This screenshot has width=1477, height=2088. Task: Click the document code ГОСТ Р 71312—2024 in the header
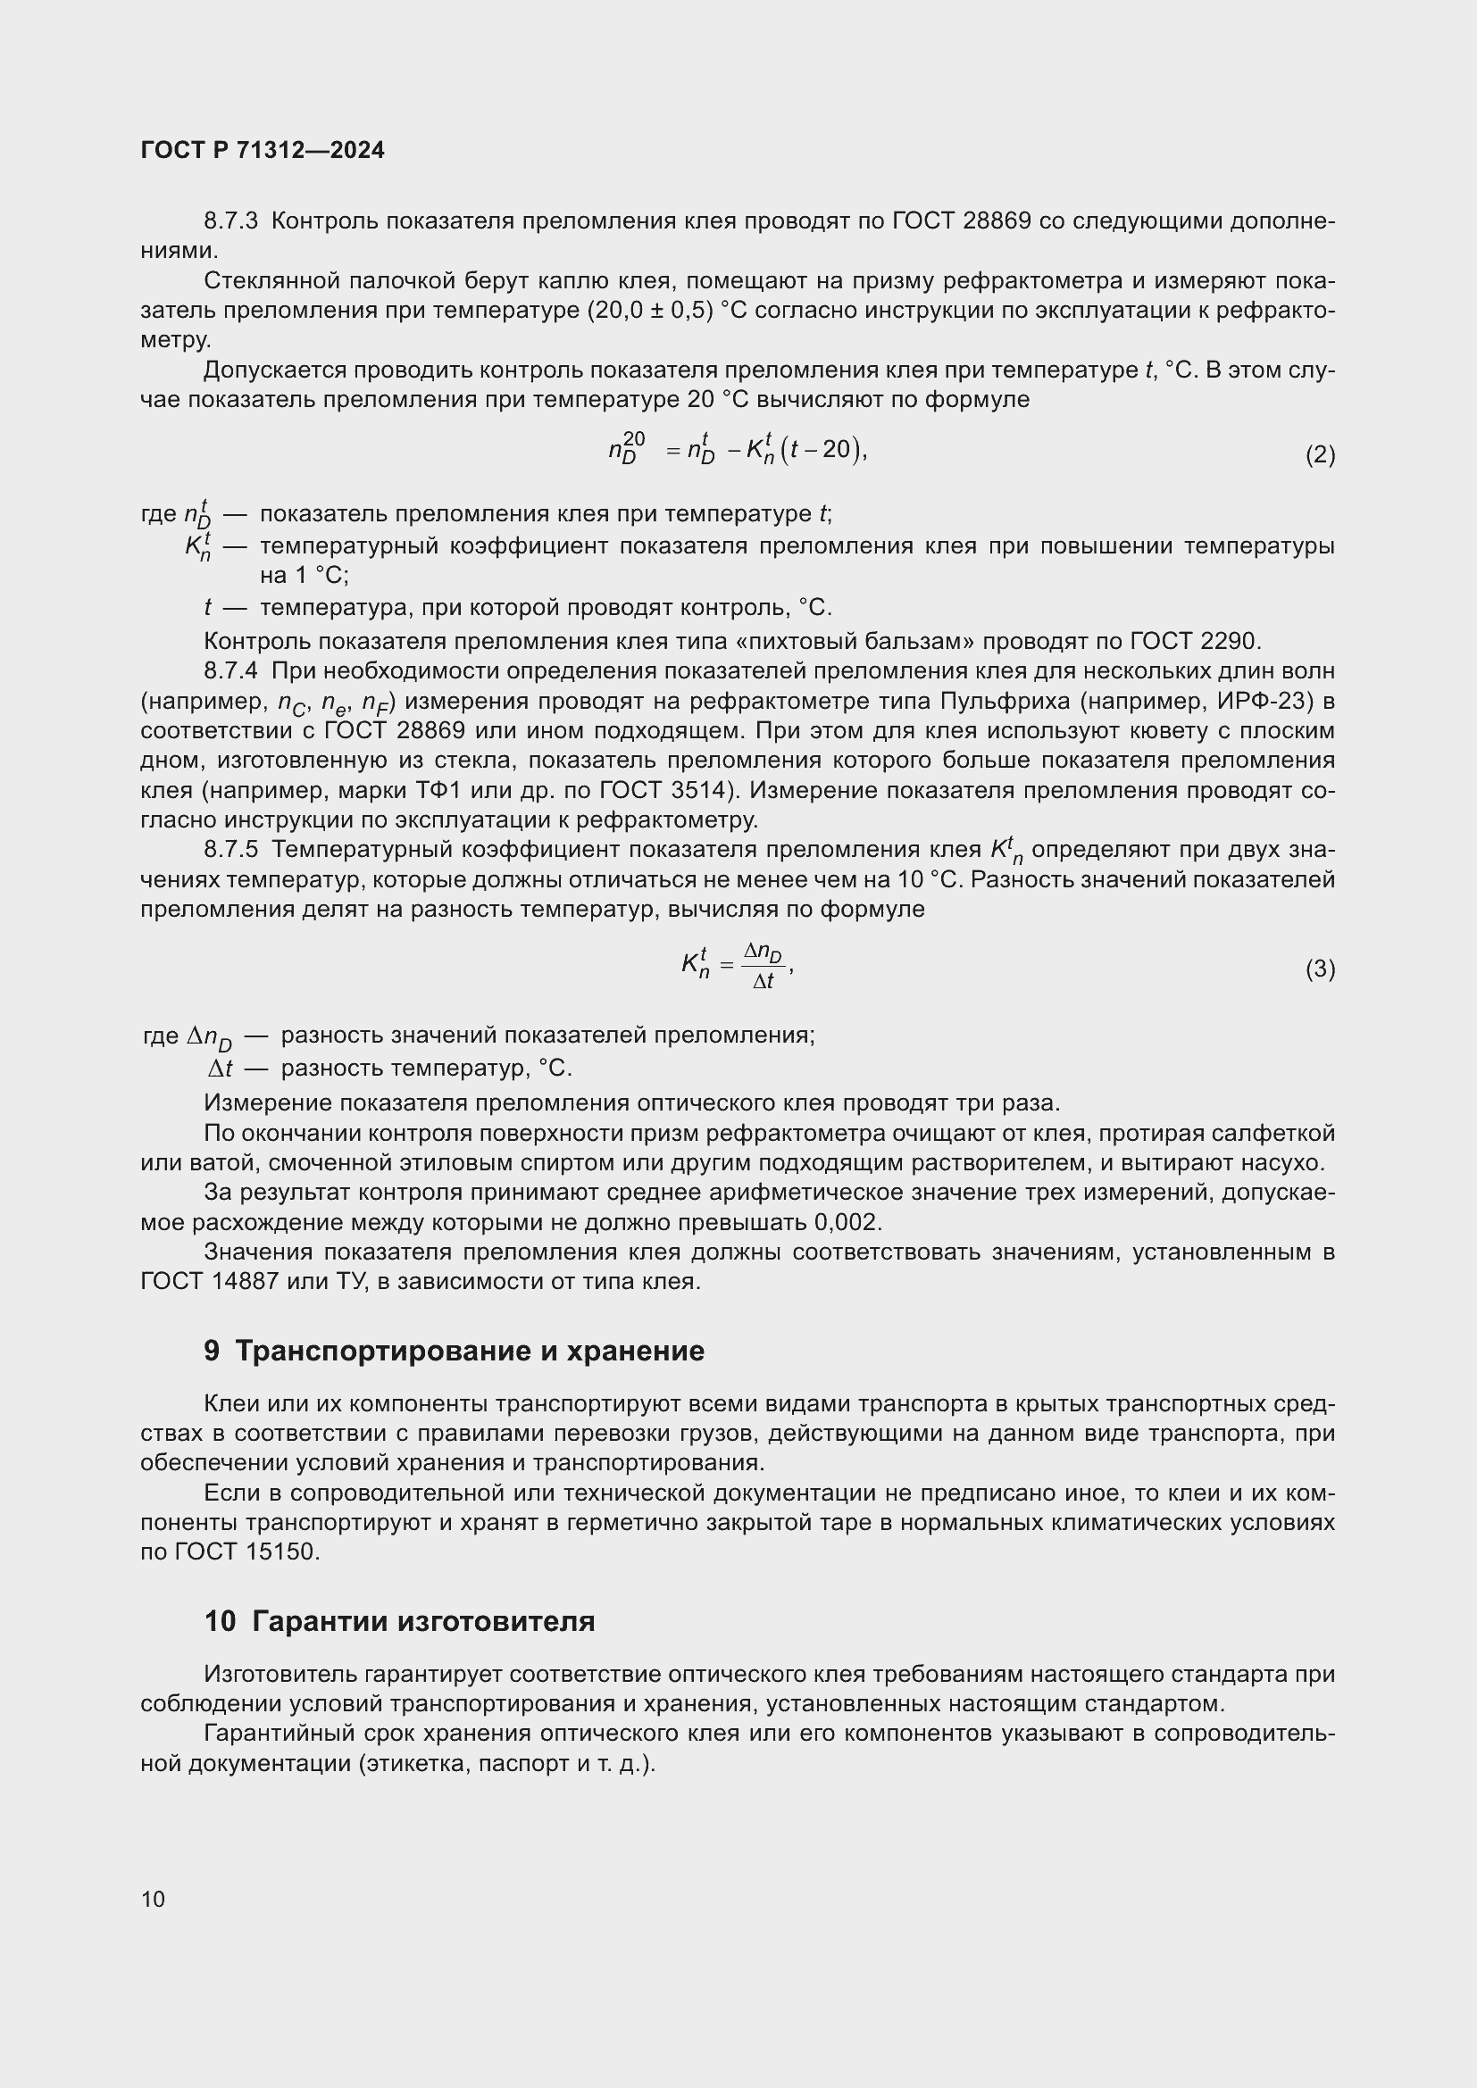coord(263,151)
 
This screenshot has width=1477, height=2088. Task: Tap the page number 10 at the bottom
coord(153,1899)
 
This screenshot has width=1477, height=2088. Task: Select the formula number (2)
coord(1320,454)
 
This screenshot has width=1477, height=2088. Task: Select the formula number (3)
coord(1320,969)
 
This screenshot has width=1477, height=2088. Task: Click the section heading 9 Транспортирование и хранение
coord(454,1351)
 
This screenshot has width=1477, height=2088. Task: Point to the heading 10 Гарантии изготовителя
coord(399,1620)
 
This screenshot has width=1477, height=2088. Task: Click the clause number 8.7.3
coord(231,221)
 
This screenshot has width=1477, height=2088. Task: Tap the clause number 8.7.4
coord(231,671)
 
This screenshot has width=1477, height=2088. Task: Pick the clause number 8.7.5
coord(231,849)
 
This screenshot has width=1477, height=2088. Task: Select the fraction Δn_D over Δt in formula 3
coord(762,966)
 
